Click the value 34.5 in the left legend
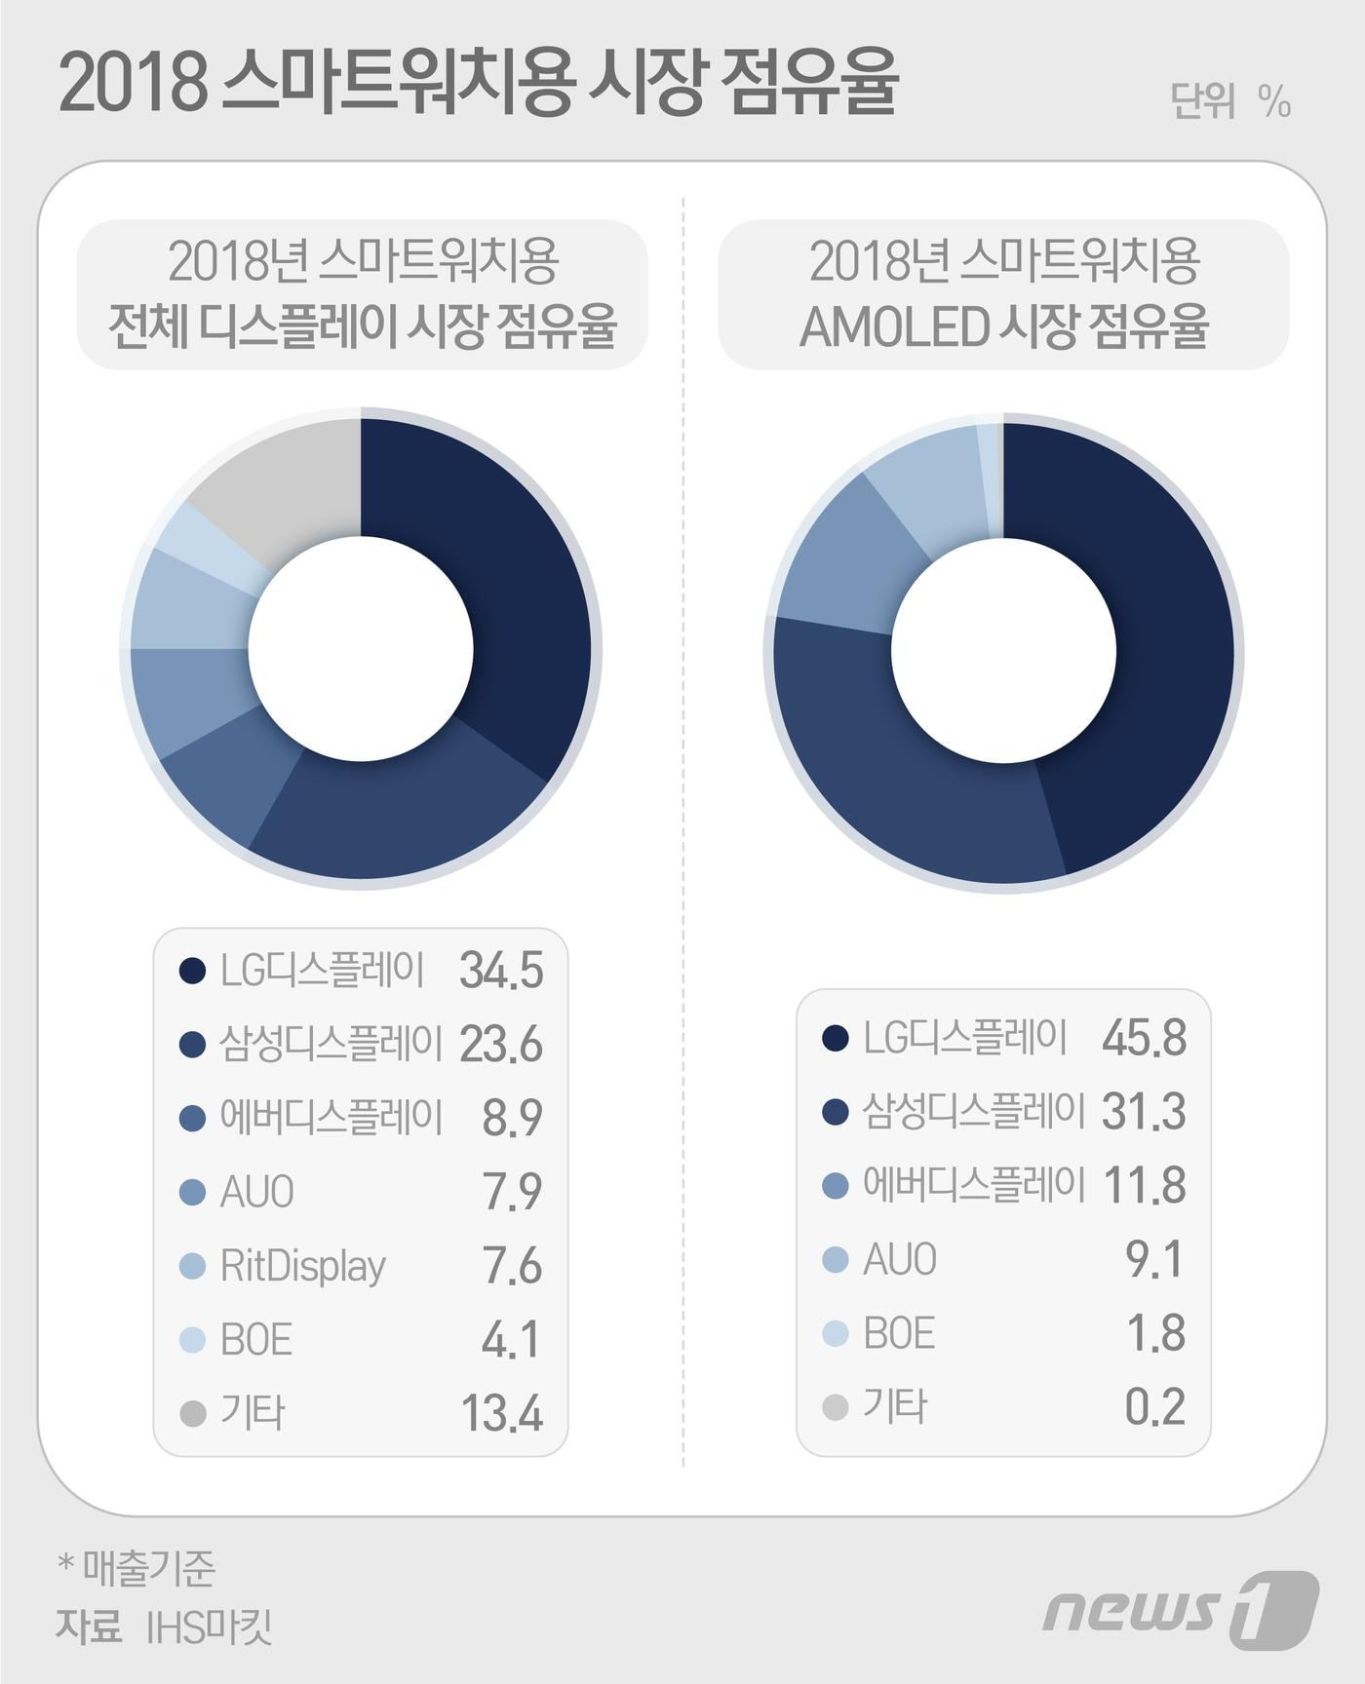coord(501,971)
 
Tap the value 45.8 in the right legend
coord(1144,1038)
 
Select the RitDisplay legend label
coord(303,1266)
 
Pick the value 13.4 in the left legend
coord(501,1413)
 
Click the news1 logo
coord(1180,1609)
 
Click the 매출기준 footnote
coord(146,1567)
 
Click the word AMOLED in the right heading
coord(894,327)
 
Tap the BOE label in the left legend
coord(256,1340)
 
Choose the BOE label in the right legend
coord(899,1333)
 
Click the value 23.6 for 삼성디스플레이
coord(501,1045)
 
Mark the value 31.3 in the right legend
coord(1144,1112)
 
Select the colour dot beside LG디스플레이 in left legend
coord(193,971)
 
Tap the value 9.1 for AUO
coord(1154,1259)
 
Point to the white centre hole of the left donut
coord(361,647)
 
